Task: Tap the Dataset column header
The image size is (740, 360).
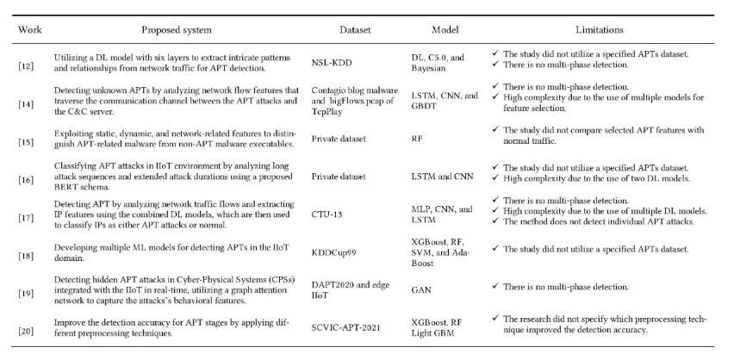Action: pos(354,28)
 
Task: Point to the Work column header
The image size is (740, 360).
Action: pos(25,28)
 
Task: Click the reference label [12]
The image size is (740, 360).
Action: pos(25,65)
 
